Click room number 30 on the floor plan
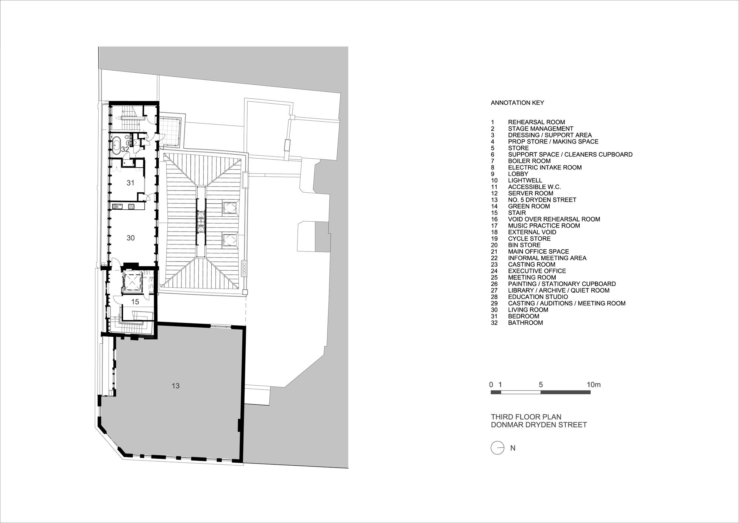click(130, 238)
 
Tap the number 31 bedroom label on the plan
click(130, 183)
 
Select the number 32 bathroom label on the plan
click(125, 149)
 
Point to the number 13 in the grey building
click(176, 386)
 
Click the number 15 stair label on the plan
click(135, 302)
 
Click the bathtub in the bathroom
click(116, 145)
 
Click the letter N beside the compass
click(513, 448)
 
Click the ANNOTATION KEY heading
click(517, 103)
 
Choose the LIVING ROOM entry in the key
click(528, 310)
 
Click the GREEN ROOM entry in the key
click(529, 206)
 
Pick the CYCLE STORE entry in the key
click(529, 239)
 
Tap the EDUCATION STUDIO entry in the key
click(538, 297)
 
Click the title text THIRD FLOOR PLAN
click(526, 417)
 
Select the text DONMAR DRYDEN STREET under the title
click(539, 425)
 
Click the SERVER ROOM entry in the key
click(531, 193)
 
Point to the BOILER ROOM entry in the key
click(529, 161)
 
